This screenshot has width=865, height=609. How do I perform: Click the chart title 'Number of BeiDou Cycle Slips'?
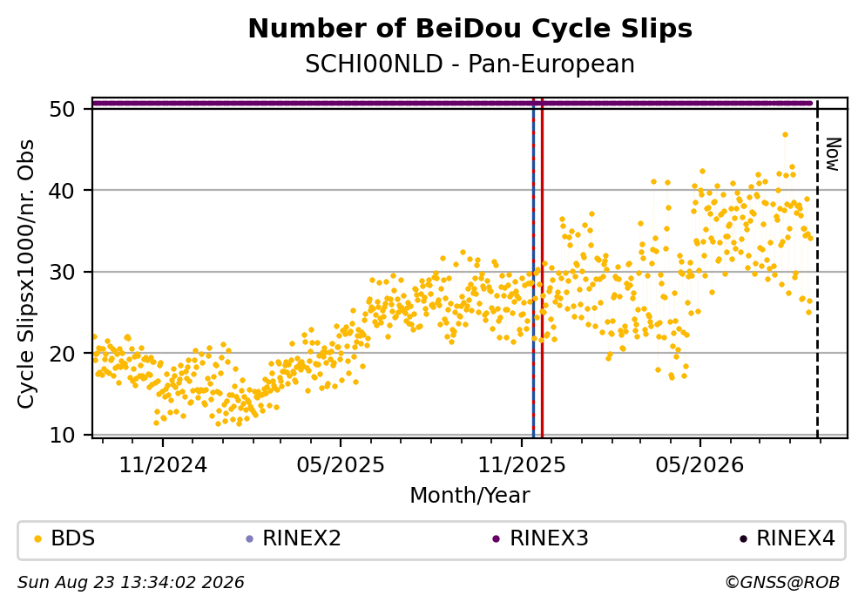470,29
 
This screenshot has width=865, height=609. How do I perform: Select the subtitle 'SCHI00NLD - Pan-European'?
470,64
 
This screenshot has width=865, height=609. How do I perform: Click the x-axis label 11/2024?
163,465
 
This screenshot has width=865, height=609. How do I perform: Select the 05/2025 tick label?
341,465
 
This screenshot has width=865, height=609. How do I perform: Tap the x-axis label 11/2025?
522,465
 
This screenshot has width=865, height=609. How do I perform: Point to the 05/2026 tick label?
699,465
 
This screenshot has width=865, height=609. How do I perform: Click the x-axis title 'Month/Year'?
470,496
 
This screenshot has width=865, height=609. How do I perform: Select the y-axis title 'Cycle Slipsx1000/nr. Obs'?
25,274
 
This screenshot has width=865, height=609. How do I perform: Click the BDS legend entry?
65,538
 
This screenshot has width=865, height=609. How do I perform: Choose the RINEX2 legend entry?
294,538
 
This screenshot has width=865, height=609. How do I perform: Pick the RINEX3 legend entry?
542,538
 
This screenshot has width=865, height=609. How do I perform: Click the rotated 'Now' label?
833,154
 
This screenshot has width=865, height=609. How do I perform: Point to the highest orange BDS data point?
785,134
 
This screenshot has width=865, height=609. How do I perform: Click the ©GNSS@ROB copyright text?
782,583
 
